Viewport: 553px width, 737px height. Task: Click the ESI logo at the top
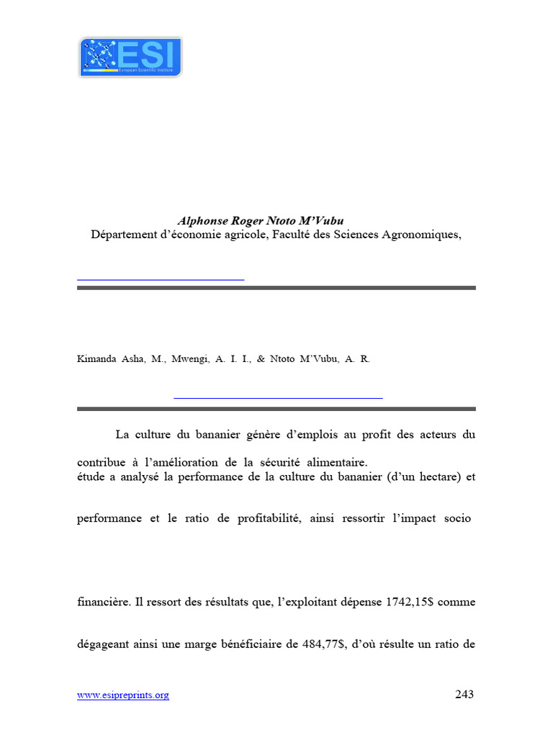click(x=130, y=57)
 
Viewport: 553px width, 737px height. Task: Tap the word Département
click(x=122, y=234)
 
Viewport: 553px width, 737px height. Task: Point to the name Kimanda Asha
click(x=109, y=358)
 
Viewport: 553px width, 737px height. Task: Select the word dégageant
click(x=104, y=645)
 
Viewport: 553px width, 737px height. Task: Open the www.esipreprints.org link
click(x=123, y=695)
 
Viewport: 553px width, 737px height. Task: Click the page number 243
click(x=464, y=695)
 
